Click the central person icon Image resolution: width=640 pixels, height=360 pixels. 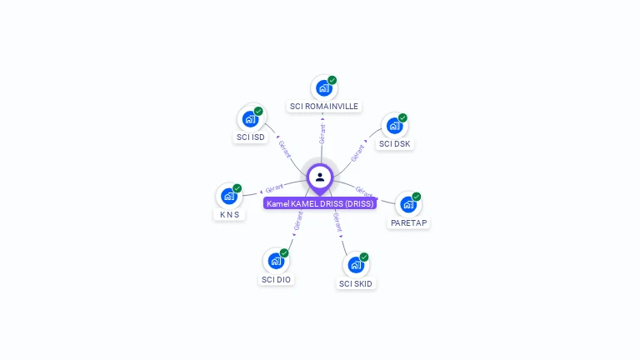(320, 177)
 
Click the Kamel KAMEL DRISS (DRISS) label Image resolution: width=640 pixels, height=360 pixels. (320, 203)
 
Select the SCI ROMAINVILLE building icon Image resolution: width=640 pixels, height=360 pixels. (323, 88)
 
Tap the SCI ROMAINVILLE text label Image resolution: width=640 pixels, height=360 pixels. (323, 107)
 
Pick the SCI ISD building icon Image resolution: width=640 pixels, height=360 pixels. (250, 118)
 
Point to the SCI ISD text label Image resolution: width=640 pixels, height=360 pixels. (250, 137)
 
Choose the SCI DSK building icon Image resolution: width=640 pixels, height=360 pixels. (394, 125)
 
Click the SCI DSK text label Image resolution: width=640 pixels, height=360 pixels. (394, 143)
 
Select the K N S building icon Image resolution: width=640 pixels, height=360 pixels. (228, 196)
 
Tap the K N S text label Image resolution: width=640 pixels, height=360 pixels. (228, 214)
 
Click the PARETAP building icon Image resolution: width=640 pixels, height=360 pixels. (407, 204)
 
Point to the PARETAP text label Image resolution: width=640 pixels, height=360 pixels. (408, 222)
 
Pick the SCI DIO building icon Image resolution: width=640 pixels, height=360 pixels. (276, 261)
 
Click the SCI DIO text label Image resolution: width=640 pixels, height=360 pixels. (276, 279)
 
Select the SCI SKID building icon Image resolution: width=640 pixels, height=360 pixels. (356, 265)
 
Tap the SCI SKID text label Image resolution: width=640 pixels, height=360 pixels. (356, 283)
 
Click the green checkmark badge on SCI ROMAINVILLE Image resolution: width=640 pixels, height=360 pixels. (332, 81)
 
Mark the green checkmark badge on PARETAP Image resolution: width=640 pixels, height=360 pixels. (416, 197)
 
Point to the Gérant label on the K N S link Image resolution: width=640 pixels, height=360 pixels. (275, 187)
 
